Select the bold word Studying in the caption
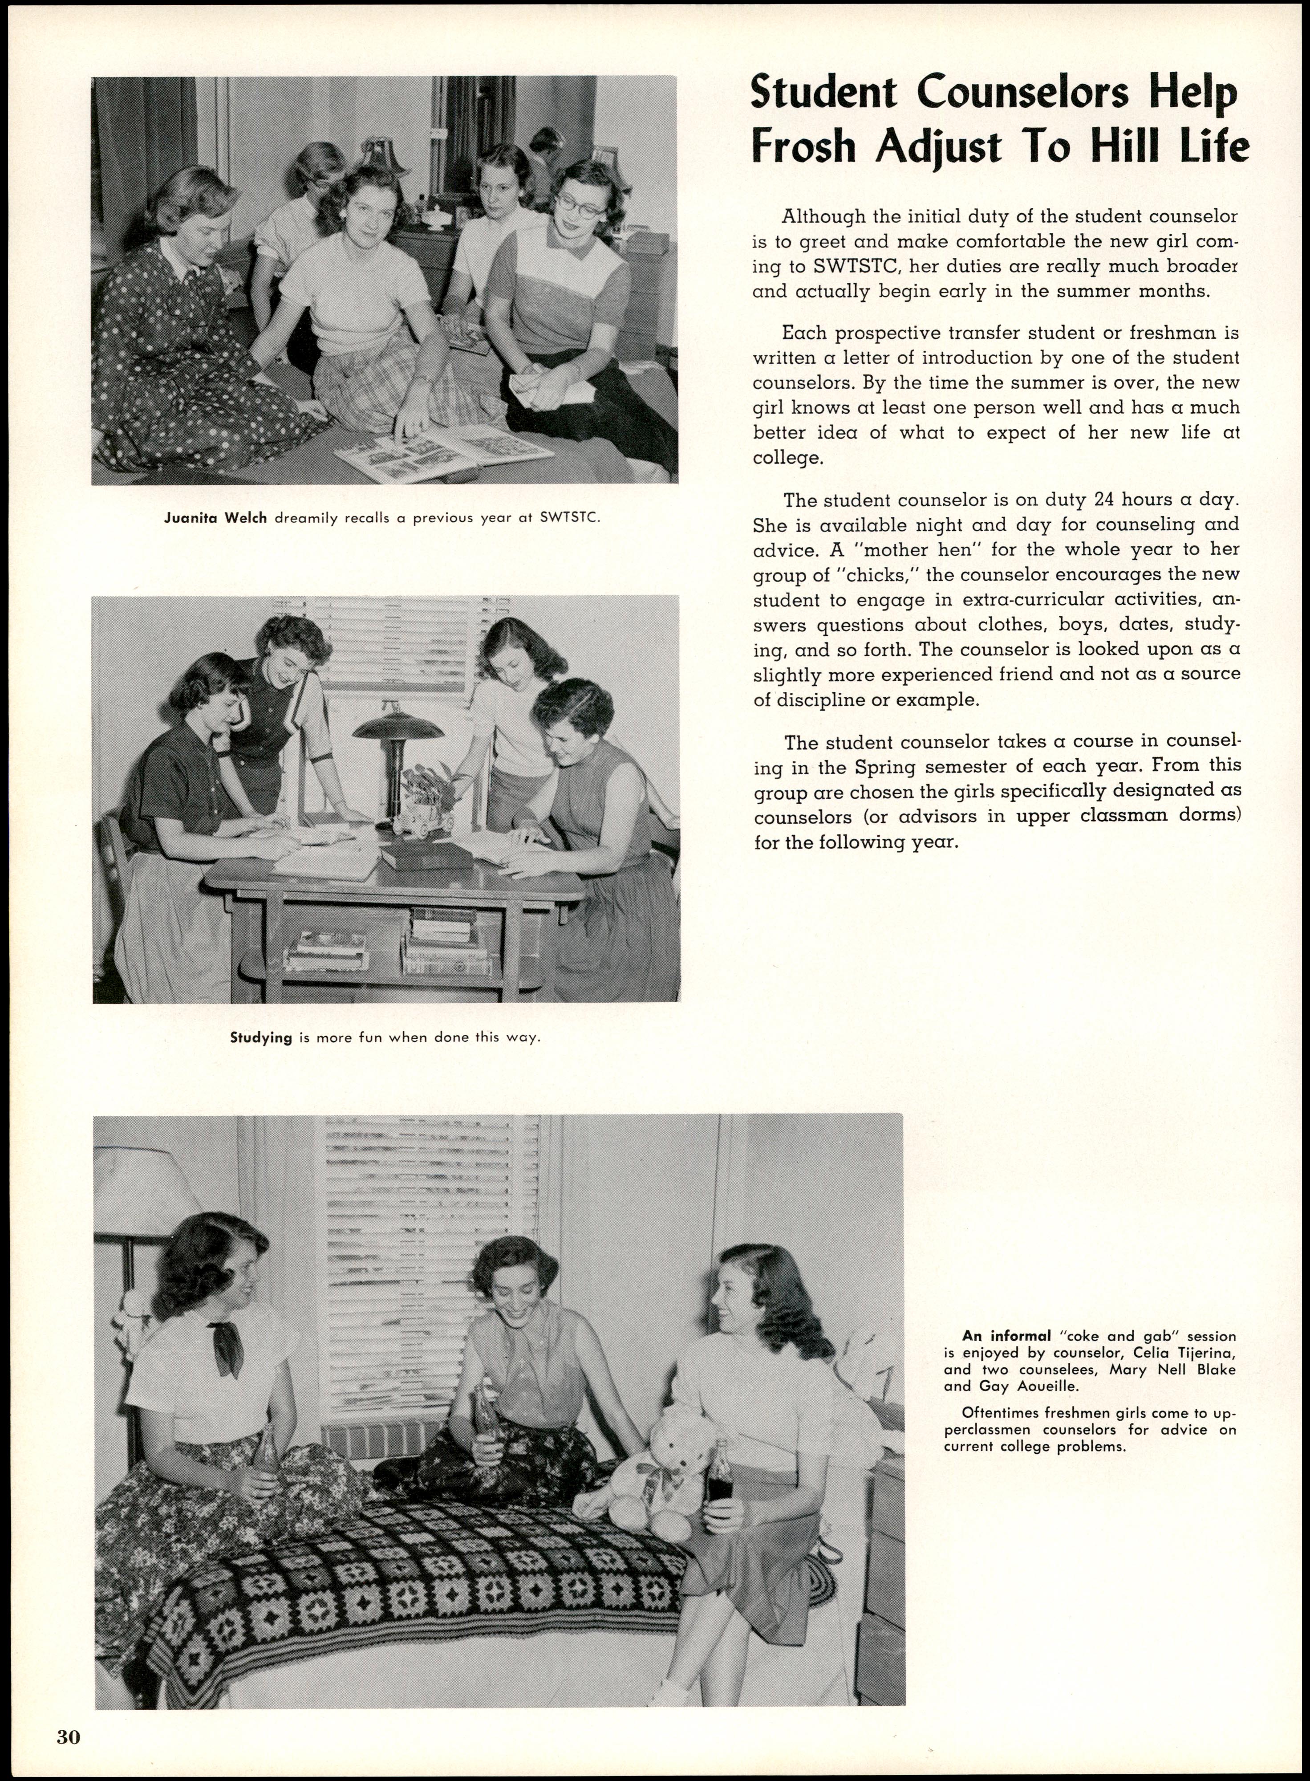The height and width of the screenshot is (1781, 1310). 261,1037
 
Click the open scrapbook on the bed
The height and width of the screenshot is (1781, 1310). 441,452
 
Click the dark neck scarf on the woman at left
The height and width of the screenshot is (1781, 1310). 227,1344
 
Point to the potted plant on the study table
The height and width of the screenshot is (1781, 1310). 428,785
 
